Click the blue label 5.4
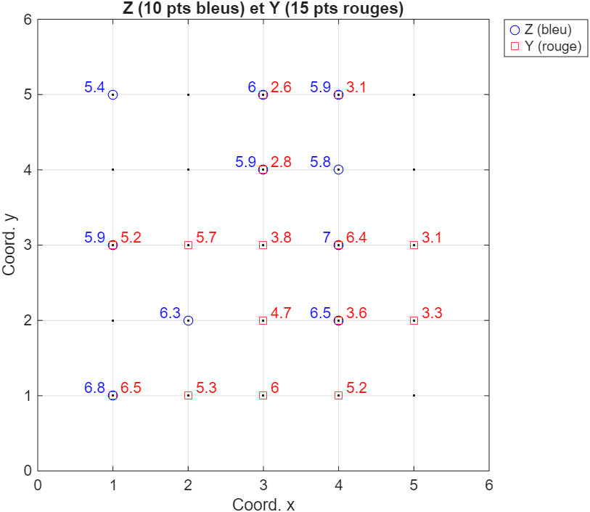pos(94,88)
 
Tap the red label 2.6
pos(281,88)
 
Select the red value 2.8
pos(281,162)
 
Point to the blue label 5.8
pos(320,162)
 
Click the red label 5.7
pos(206,237)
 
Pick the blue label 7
pos(327,237)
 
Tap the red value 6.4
pos(356,237)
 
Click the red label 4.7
pos(281,313)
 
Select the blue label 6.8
pos(94,388)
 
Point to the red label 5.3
pos(206,388)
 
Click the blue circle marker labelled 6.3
pos(188,320)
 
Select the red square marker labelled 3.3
pos(414,320)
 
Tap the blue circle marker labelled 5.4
pos(112,94)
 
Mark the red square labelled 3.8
pos(263,245)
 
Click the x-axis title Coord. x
pos(263,504)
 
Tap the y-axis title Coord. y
pos(10,245)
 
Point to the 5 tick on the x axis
pos(414,484)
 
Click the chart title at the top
pos(263,8)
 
